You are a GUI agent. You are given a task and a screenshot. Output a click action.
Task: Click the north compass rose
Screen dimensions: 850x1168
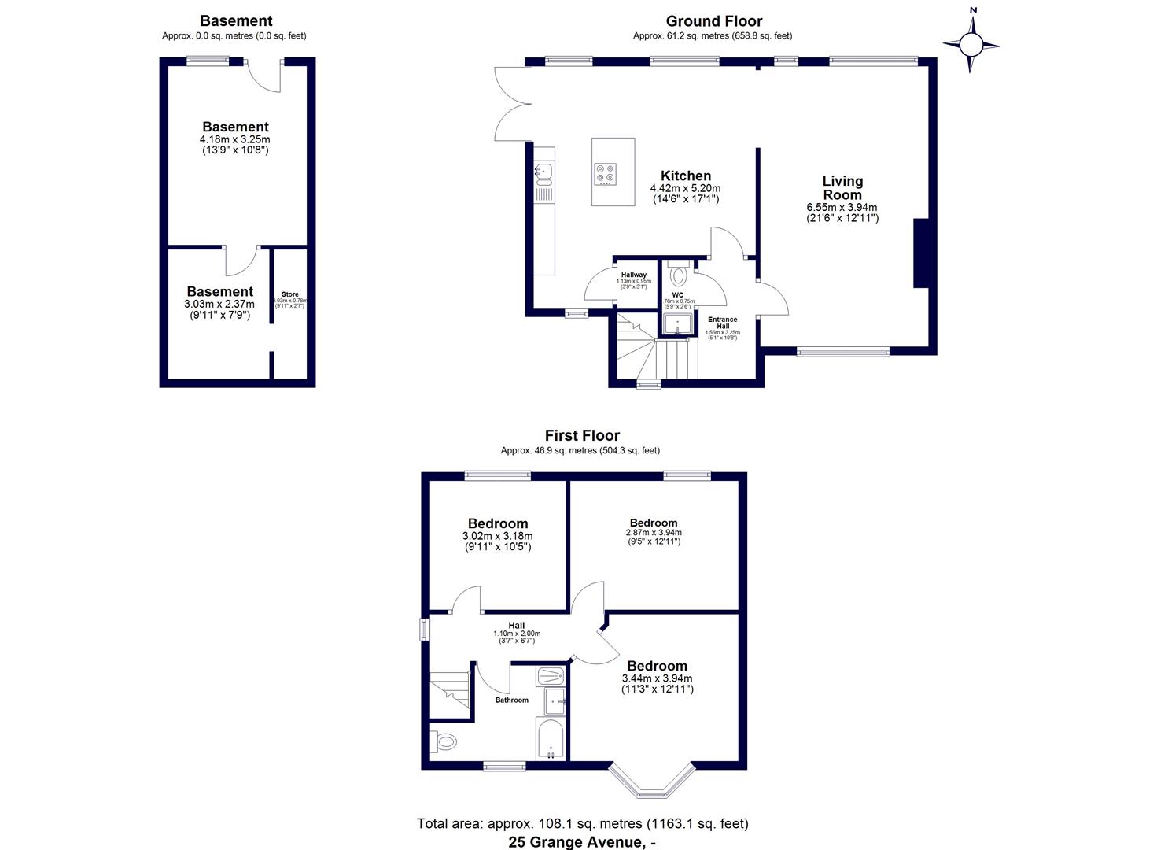(x=971, y=44)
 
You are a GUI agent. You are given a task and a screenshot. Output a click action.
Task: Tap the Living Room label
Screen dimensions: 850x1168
(x=842, y=188)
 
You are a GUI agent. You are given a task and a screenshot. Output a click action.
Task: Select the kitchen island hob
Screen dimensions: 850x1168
(x=606, y=173)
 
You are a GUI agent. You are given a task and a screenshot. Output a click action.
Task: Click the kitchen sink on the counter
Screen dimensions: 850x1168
(x=543, y=169)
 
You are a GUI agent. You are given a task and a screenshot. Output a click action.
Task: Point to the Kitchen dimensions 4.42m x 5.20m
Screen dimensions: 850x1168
(x=685, y=189)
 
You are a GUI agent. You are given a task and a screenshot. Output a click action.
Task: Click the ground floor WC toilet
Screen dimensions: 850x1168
(x=678, y=276)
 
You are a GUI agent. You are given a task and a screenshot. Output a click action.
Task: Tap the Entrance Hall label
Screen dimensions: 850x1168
(x=722, y=323)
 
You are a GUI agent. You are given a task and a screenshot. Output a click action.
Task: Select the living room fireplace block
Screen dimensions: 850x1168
(x=919, y=253)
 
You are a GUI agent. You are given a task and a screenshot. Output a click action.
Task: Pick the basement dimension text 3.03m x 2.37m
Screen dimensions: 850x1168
(x=220, y=305)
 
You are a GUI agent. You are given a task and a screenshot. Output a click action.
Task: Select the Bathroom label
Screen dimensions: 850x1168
(x=511, y=700)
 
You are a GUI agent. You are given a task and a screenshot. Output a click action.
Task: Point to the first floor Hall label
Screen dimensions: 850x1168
(x=516, y=626)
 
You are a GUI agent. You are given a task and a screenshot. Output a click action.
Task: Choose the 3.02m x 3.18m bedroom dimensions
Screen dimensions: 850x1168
(x=497, y=537)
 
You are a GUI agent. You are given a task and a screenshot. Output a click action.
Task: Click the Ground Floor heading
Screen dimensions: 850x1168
(x=713, y=21)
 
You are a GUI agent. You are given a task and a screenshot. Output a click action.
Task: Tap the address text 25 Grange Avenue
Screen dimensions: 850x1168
(x=581, y=842)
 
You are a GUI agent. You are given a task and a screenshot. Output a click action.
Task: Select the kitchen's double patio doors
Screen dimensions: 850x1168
(x=510, y=104)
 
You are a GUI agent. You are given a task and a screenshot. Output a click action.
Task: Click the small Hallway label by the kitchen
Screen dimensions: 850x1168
(x=633, y=275)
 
